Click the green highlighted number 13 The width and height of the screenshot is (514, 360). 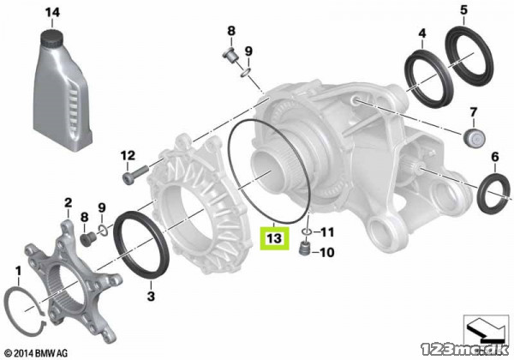pos(274,238)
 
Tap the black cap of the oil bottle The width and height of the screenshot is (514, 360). pos(51,39)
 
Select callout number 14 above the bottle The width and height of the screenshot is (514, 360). pos(52,13)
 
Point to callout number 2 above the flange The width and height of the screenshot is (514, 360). pos(68,202)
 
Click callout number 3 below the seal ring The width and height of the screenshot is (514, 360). pos(151,297)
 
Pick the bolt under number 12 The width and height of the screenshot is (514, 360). pos(134,175)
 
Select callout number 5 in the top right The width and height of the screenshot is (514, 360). pos(463,10)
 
